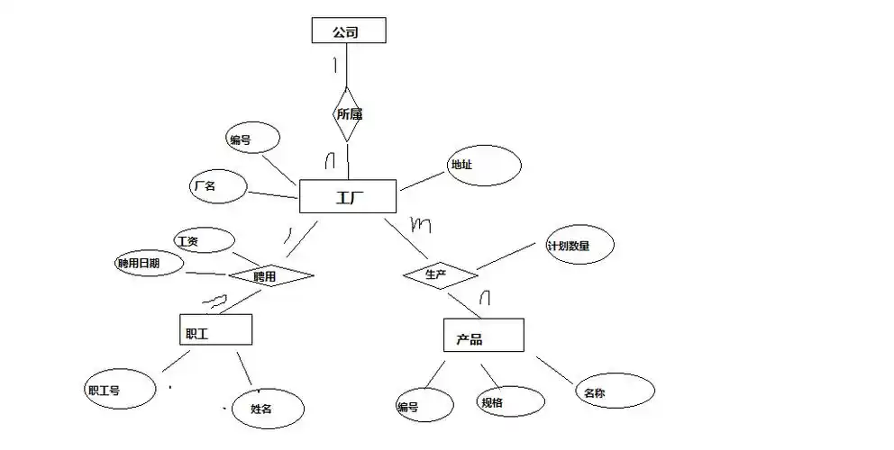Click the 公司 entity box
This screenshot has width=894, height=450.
point(349,31)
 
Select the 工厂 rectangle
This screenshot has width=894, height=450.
point(347,196)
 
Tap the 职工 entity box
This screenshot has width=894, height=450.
point(215,330)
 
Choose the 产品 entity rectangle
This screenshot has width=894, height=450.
point(483,335)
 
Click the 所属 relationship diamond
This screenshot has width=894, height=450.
point(348,114)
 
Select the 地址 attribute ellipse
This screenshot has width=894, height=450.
point(484,166)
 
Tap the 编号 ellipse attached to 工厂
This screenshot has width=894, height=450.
point(251,139)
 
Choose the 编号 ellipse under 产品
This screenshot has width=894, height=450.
point(424,405)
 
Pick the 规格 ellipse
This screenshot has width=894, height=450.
point(510,400)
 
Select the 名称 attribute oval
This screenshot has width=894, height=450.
point(616,391)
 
